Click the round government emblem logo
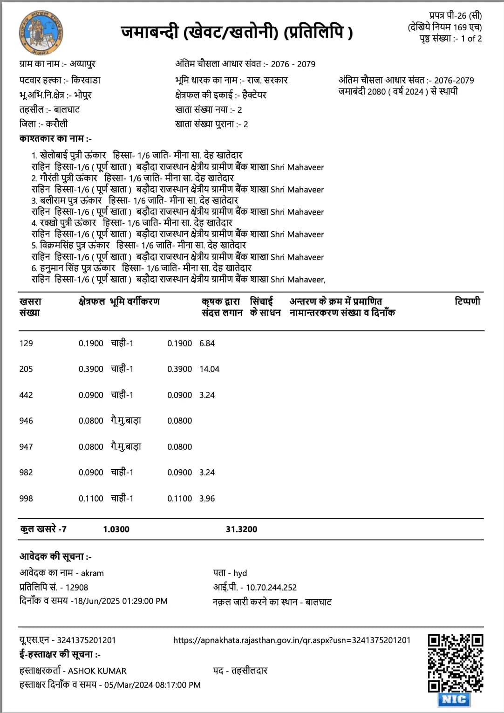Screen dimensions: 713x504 click(41, 33)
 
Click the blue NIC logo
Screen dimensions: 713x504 click(454, 699)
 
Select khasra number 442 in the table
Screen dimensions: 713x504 click(26, 395)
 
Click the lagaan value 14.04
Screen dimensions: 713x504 click(209, 369)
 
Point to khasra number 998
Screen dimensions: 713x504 click(26, 499)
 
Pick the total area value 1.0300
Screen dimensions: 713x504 click(116, 529)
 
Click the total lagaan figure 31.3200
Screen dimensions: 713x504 click(241, 529)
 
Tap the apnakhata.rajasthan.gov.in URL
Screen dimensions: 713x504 click(292, 640)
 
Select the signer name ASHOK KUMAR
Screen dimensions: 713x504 click(97, 671)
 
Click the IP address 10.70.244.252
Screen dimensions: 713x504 click(271, 588)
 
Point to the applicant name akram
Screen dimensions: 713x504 click(92, 573)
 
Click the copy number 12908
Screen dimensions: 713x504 click(77, 588)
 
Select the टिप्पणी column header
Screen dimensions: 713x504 click(467, 302)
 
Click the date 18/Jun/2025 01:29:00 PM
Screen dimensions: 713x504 click(121, 601)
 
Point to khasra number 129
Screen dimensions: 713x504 click(26, 343)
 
